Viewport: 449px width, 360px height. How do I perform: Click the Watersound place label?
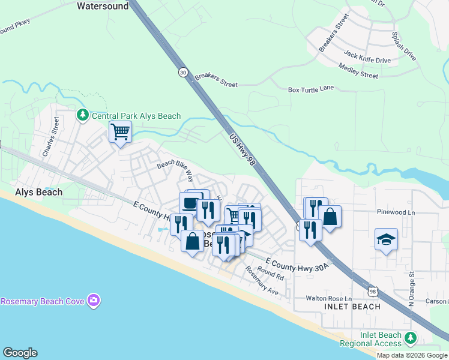click(x=103, y=7)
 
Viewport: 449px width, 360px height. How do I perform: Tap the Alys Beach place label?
click(x=38, y=193)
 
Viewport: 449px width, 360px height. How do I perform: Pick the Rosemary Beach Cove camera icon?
click(x=93, y=300)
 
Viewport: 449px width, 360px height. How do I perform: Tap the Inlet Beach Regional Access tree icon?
click(x=411, y=338)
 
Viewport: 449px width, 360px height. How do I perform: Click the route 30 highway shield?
click(x=183, y=72)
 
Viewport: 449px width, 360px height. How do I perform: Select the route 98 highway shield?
click(x=373, y=291)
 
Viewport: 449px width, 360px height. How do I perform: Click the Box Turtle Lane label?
click(x=310, y=89)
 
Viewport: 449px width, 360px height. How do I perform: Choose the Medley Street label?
click(x=358, y=71)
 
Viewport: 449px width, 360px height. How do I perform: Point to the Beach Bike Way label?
click(x=175, y=170)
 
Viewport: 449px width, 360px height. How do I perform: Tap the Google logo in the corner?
click(x=20, y=353)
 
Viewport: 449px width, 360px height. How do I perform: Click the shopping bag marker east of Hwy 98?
click(x=330, y=217)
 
